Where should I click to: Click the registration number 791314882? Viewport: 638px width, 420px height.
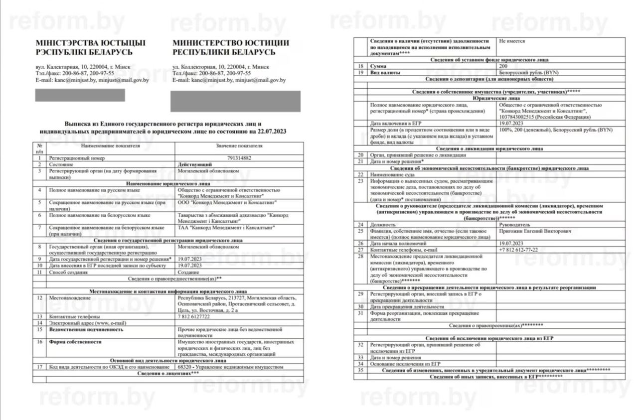point(240,157)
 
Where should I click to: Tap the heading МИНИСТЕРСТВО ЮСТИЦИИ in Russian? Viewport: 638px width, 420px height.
point(231,43)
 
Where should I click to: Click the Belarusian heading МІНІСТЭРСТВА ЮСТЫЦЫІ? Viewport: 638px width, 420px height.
point(90,43)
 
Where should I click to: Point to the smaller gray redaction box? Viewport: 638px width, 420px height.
point(80,95)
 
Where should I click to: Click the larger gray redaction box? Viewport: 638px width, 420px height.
point(235,101)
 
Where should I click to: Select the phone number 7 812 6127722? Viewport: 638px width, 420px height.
point(194,316)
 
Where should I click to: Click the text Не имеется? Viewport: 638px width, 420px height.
point(512,41)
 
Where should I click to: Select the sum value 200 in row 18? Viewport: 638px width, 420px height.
point(503,66)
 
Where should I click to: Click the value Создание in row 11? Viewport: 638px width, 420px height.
point(189,272)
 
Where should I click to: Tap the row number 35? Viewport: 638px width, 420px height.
point(360,371)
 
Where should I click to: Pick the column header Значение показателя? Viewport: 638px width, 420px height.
point(239,146)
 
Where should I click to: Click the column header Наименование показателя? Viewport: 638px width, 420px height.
point(110,146)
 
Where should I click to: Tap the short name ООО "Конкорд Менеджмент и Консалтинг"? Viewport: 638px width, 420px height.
point(227,203)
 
